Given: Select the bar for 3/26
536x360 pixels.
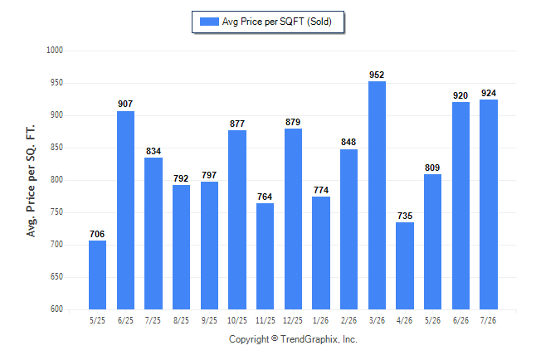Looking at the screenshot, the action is [x=377, y=195].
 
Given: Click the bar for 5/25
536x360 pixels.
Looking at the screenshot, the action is [x=97, y=275].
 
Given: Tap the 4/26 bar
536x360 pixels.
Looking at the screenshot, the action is [x=405, y=265].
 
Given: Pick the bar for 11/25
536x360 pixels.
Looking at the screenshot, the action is [x=265, y=256].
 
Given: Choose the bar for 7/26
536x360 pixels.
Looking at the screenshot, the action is [x=489, y=204].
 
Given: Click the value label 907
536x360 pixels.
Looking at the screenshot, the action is [x=125, y=104].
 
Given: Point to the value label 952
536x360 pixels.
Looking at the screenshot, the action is [x=377, y=75].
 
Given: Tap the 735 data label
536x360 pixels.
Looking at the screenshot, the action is [x=405, y=216].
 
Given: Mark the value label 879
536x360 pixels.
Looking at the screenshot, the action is [x=293, y=122].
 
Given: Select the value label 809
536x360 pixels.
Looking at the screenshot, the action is [x=432, y=168].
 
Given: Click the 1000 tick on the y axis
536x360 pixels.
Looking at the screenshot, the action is [x=55, y=51].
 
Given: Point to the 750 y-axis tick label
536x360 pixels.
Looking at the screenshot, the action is [x=56, y=212].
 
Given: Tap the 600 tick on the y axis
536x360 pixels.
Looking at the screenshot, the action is [x=56, y=309].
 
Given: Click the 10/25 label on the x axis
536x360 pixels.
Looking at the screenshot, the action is [x=237, y=320].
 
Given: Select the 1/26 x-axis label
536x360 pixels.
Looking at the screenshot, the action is [x=320, y=320].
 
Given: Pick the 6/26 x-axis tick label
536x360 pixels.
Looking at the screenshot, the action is [x=460, y=320].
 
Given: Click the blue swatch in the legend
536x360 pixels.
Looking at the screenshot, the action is [x=209, y=22].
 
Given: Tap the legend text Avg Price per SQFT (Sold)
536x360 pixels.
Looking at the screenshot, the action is [x=277, y=22].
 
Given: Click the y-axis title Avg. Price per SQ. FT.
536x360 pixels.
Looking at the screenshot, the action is [x=31, y=181].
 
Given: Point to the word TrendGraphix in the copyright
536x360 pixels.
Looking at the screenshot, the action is [x=309, y=339].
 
